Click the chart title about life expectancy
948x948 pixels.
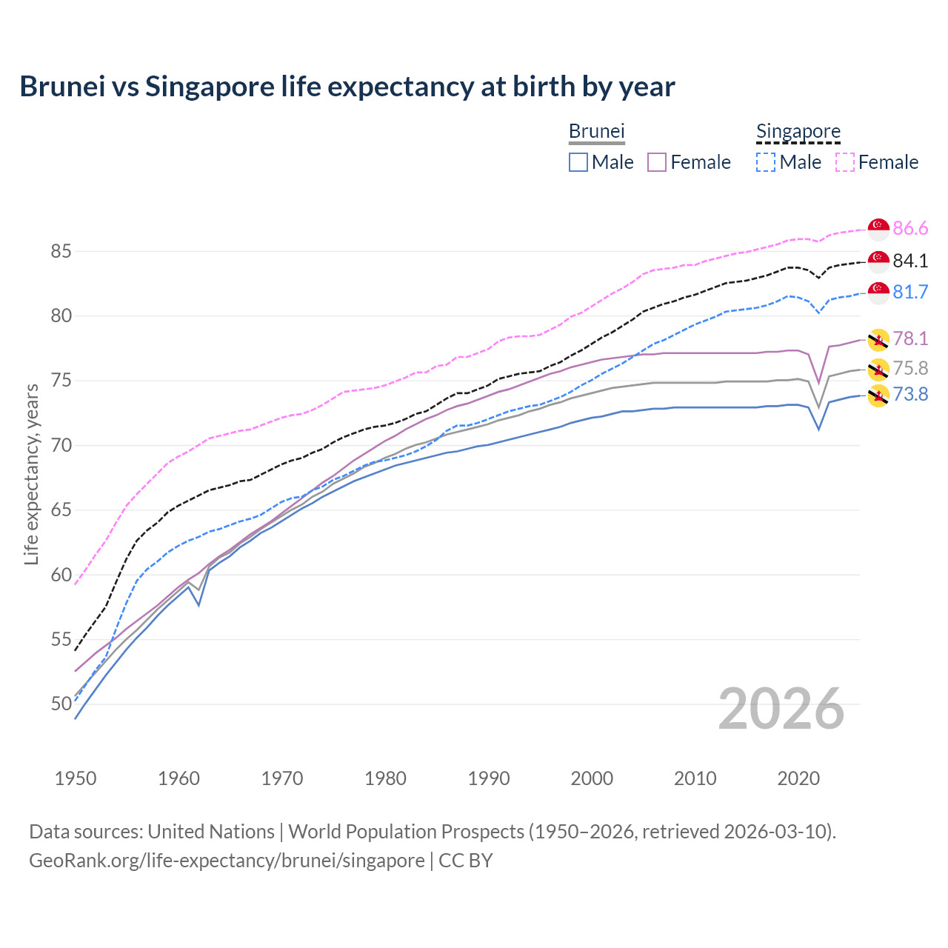pos(347,87)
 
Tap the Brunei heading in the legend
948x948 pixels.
pos(596,131)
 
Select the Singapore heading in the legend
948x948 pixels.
pos(798,131)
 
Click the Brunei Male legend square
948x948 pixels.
pos(578,162)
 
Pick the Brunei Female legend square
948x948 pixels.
pos(657,162)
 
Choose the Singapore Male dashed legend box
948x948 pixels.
pos(766,162)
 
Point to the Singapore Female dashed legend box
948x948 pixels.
pos(845,162)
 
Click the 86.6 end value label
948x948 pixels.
pos(909,228)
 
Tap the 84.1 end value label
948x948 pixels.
pos(909,261)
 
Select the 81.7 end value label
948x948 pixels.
pos(909,292)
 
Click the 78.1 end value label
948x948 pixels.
pos(909,339)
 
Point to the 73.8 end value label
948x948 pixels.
pos(909,394)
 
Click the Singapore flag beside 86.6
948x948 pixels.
pos(878,229)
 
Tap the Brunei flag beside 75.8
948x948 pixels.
pos(878,368)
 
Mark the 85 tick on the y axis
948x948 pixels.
pos(61,252)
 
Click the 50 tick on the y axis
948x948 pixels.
pos(61,704)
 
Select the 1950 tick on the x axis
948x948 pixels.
pos(76,778)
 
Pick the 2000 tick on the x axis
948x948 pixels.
pos(592,778)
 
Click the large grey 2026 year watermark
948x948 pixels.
pos(781,709)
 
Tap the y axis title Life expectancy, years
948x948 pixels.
pos(31,474)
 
